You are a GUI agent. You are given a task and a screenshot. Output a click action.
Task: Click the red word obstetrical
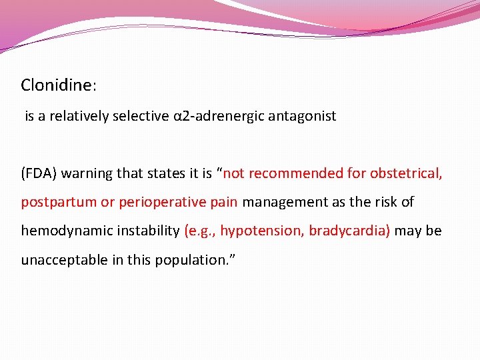pyautogui.click(x=406, y=174)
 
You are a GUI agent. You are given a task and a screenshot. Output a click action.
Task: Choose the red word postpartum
pyautogui.click(x=59, y=202)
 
